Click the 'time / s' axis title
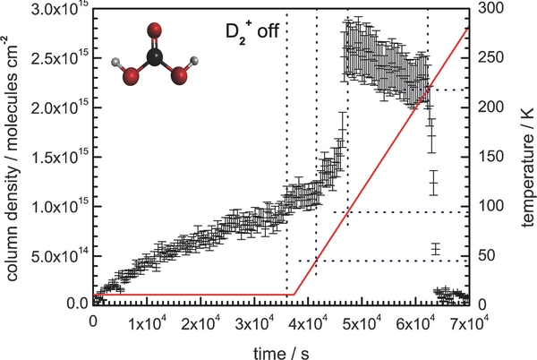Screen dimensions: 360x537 (279, 347)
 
